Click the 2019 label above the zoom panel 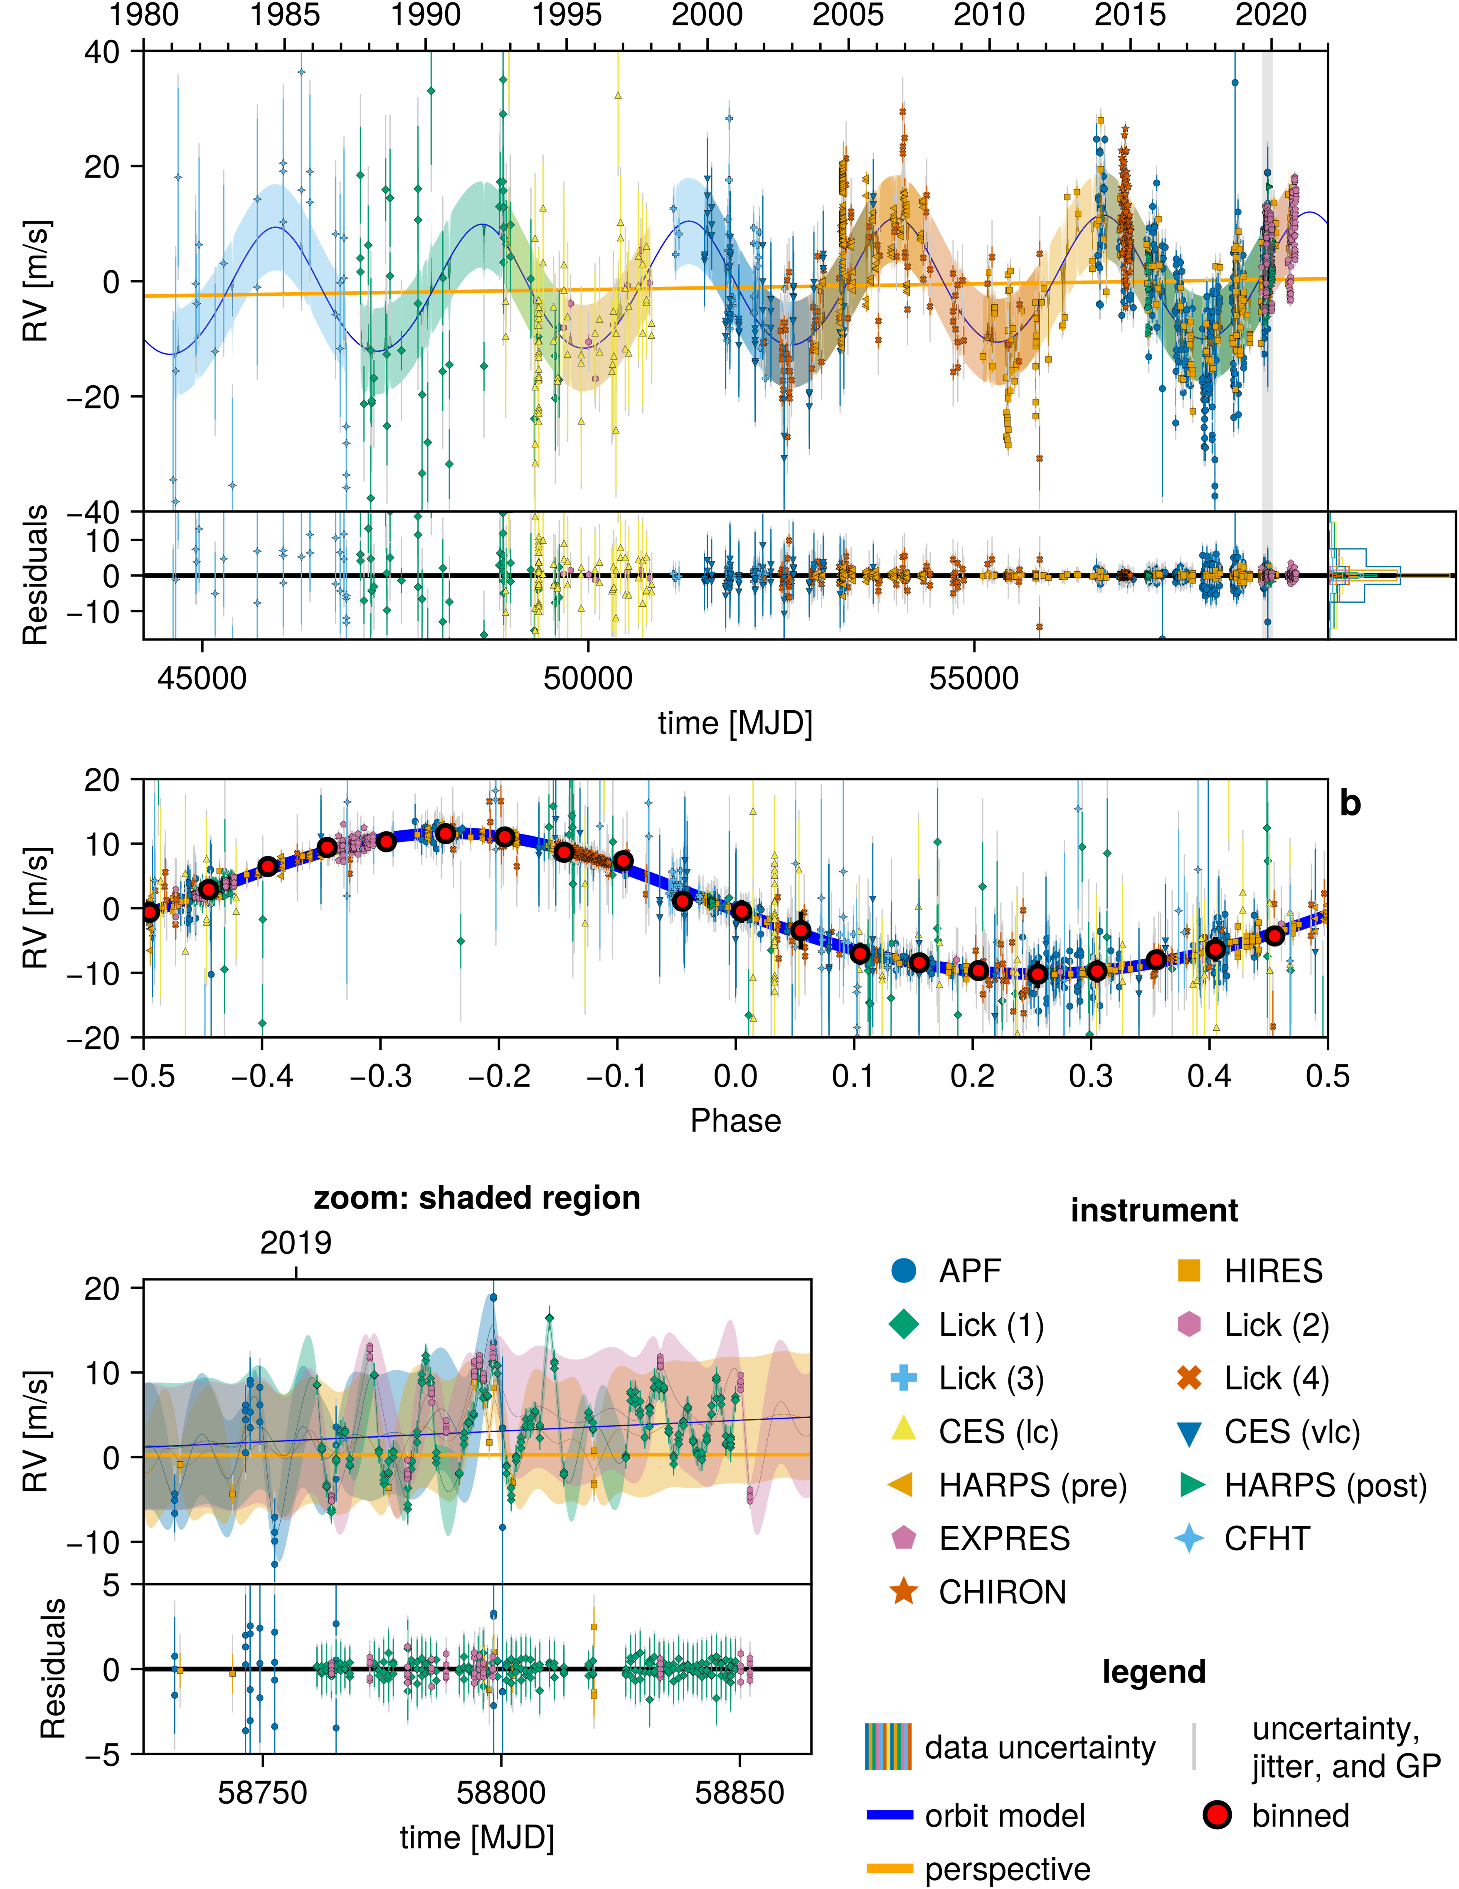coord(296,1243)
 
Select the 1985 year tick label coord(285,15)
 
